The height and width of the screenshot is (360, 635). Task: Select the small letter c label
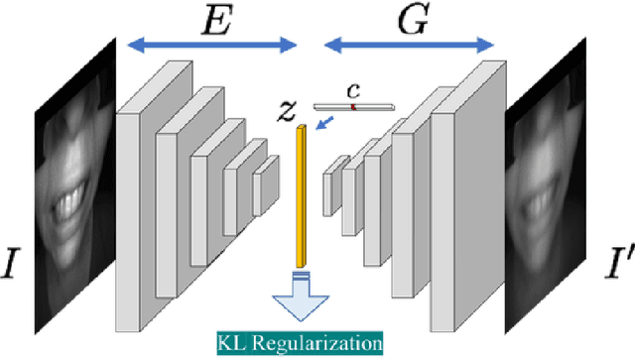tap(352, 91)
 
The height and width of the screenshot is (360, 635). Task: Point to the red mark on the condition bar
tap(352, 105)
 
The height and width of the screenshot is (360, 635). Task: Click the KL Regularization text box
tap(300, 343)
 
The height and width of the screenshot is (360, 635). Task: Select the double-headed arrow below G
tap(409, 44)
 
